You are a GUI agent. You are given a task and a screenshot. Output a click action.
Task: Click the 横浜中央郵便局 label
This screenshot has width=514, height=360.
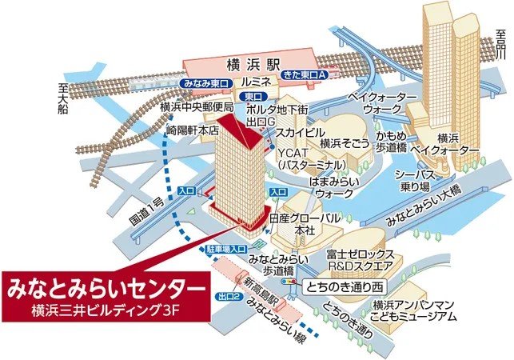(x=197, y=106)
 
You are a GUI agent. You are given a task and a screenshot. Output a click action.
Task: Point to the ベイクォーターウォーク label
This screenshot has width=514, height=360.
(x=383, y=102)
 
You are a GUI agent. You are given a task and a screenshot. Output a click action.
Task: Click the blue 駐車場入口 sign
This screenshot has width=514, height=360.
(x=228, y=250)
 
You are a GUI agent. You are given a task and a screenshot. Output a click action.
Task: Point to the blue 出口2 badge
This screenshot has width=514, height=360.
(x=229, y=296)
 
